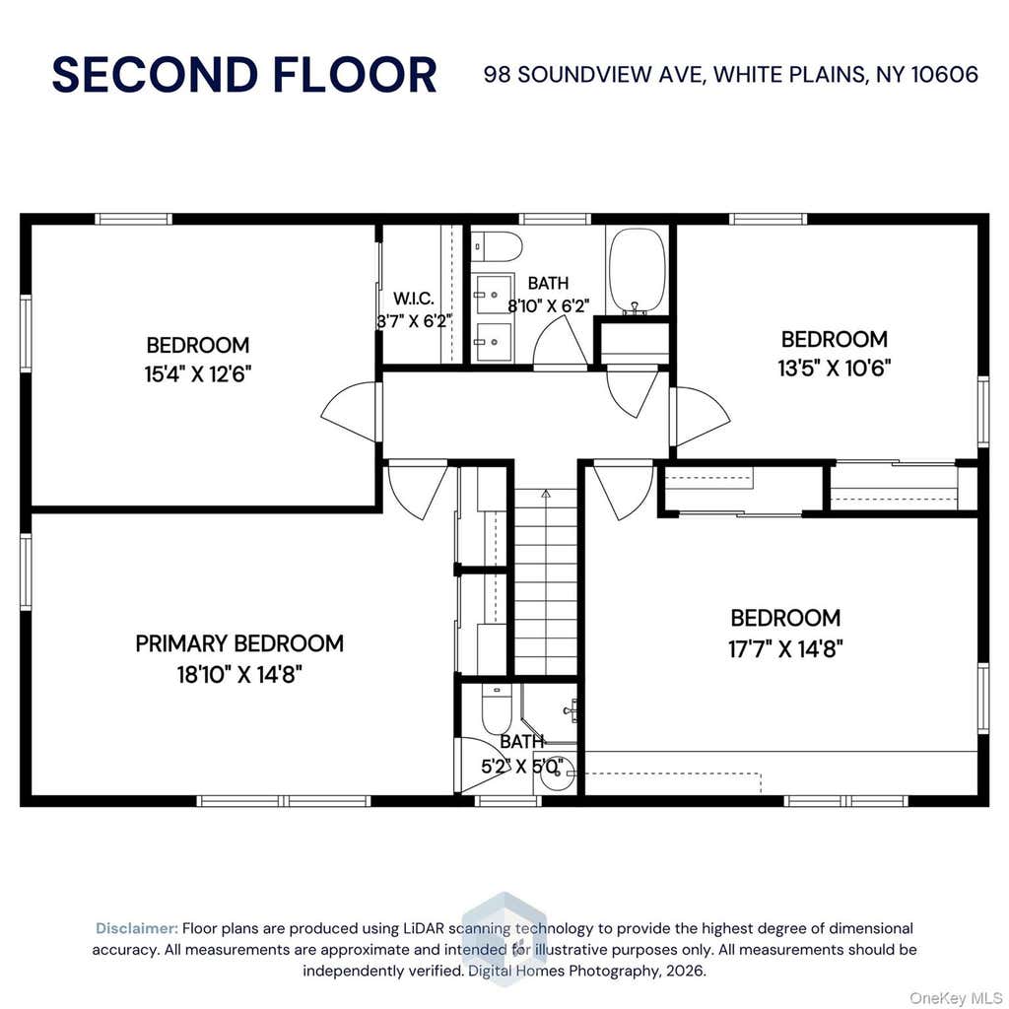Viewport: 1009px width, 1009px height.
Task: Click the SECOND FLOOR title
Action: coord(244,75)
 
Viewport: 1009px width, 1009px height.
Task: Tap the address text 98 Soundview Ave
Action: coord(595,75)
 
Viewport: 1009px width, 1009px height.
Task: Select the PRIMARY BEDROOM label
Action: coord(239,643)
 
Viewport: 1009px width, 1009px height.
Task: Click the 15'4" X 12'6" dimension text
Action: coord(197,373)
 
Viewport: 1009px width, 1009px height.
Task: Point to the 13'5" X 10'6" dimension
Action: coord(834,369)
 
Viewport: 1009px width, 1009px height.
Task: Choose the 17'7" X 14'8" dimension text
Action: coord(785,648)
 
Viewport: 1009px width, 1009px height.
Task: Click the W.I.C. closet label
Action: coord(414,299)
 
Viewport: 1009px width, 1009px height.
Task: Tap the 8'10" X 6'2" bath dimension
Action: coord(548,305)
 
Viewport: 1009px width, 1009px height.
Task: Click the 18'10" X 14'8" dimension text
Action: coord(239,674)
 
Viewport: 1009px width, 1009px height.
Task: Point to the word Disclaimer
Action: coord(137,928)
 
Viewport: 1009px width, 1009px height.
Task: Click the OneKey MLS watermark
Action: coord(956,998)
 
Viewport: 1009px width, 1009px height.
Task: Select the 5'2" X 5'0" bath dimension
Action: coord(522,767)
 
